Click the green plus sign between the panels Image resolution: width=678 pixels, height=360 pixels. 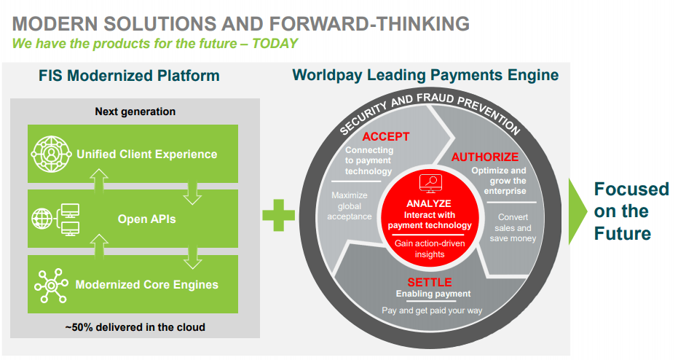[278, 215]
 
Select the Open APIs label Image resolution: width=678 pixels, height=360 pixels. [147, 219]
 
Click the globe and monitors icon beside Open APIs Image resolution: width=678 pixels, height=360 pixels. [56, 219]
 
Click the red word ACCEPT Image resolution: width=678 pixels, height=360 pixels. [385, 136]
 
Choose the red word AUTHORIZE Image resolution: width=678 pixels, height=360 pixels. [484, 157]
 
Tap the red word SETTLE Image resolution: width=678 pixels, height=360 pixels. [430, 282]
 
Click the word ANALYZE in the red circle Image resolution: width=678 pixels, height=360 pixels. [429, 203]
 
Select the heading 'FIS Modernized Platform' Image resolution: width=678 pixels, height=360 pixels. [129, 76]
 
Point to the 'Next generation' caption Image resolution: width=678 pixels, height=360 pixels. [135, 111]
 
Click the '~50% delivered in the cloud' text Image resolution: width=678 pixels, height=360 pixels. [135, 327]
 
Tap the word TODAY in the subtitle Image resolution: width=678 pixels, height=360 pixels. [275, 43]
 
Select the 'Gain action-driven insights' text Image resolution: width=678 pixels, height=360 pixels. [430, 249]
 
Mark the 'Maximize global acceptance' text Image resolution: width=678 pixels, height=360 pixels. [350, 206]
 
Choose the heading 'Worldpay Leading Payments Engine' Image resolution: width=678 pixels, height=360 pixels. [425, 74]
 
